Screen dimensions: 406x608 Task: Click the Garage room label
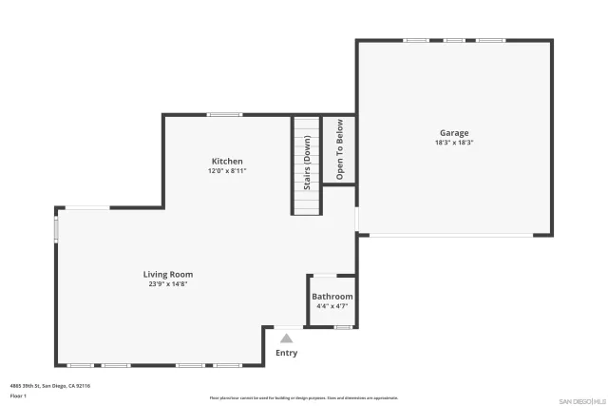pos(453,133)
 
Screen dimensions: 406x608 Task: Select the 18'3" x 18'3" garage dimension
pos(453,143)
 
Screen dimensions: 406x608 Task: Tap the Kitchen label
pos(227,162)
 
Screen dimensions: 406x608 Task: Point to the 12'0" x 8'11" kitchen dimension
pos(227,171)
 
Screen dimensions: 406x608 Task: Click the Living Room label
pos(167,274)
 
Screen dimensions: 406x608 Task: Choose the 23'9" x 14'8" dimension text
pos(167,283)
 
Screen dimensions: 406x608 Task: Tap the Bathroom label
pos(332,297)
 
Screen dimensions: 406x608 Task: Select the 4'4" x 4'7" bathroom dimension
pos(332,306)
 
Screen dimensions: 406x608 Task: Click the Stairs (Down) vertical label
pos(307,164)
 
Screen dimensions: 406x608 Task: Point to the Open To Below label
pos(339,149)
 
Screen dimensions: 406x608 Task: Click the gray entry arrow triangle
pos(286,337)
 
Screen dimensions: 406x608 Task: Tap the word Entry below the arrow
pos(286,353)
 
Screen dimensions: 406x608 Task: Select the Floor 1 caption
pos(18,396)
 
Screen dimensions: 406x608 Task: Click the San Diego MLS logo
pos(580,399)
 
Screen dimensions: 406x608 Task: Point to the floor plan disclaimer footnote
pos(303,398)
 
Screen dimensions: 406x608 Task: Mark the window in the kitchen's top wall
pos(224,115)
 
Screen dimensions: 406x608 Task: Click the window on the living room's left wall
pos(56,230)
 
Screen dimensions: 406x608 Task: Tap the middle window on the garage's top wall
pos(454,40)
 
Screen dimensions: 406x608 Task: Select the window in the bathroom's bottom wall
pos(343,328)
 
